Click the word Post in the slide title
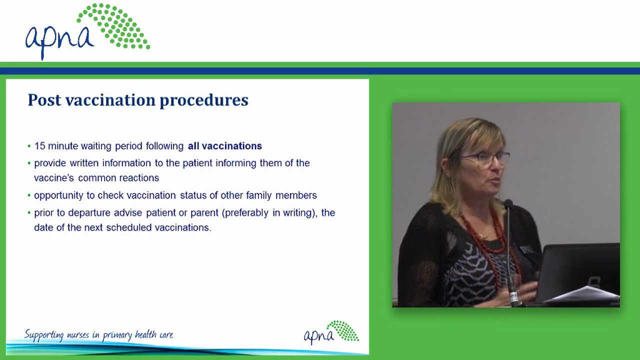44,100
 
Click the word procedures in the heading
204,101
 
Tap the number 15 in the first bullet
39,146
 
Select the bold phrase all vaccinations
224,146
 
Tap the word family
258,195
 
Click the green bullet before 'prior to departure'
29,213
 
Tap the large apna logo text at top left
59,39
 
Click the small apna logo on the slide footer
331,332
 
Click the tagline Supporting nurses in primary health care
98,335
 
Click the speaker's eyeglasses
484,158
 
